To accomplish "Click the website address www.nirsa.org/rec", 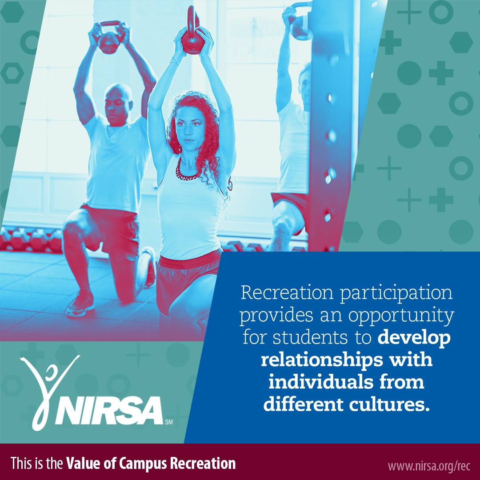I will (x=429, y=465).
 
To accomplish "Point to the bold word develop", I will (x=414, y=337).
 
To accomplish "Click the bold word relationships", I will (x=318, y=360).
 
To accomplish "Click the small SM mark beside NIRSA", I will (x=168, y=420).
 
